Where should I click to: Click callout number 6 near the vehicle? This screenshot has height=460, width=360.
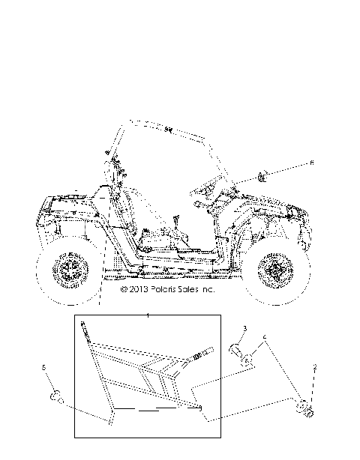click(x=313, y=163)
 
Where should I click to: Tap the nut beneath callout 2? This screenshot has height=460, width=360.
click(x=305, y=408)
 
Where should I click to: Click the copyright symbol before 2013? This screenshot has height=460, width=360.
click(x=124, y=288)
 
